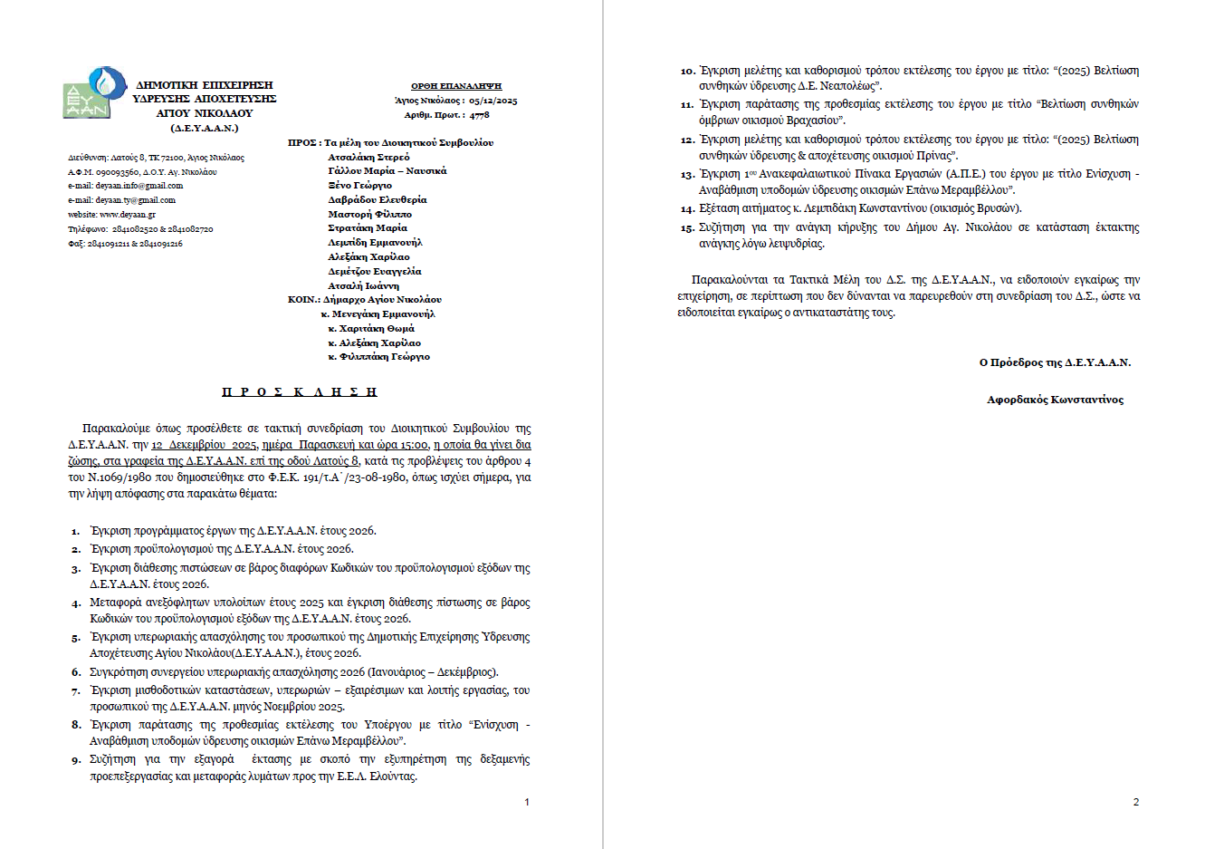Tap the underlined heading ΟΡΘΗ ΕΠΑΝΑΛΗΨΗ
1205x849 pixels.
pos(456,86)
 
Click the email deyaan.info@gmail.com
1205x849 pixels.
pos(139,186)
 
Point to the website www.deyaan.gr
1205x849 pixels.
pos(128,215)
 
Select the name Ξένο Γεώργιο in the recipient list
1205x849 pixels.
pos(359,185)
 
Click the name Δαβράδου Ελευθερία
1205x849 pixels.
pos(377,199)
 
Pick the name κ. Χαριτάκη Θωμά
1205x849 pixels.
pos(371,328)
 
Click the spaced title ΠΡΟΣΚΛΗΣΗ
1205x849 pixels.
pos(300,392)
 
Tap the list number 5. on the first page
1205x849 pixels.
pos(76,638)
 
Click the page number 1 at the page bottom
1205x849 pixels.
pos(527,802)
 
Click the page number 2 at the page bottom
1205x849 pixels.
pos(1136,802)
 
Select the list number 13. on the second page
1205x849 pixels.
pos(687,175)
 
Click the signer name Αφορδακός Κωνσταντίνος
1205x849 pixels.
pos(1055,400)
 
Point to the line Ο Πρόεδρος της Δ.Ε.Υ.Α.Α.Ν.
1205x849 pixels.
pos(1055,362)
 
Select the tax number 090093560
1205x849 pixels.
pos(117,171)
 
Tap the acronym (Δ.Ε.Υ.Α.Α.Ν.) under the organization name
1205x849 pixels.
pos(204,128)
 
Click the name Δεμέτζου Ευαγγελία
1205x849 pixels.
pos(374,271)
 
